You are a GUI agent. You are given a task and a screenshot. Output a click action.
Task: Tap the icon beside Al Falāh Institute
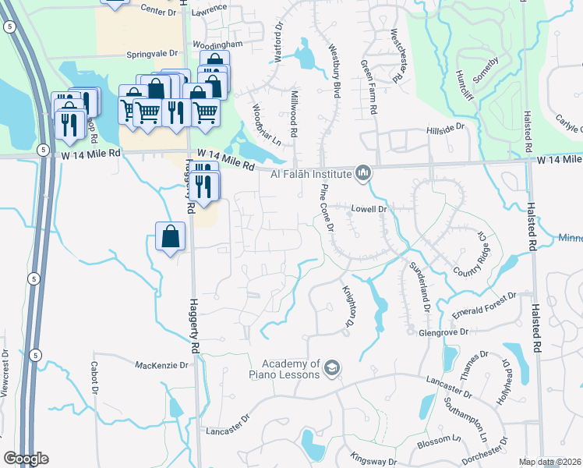pyautogui.click(x=362, y=172)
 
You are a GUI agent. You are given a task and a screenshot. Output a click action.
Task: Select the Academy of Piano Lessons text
pyautogui.click(x=291, y=369)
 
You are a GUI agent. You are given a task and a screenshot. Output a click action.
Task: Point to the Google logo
pyautogui.click(x=26, y=459)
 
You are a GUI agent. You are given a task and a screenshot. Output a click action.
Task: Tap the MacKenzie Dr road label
pyautogui.click(x=162, y=365)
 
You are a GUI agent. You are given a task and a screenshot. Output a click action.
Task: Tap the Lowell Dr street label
pyautogui.click(x=369, y=209)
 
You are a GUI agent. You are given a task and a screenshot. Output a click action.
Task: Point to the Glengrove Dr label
pyautogui.click(x=441, y=331)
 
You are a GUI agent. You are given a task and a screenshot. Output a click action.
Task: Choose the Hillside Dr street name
pyautogui.click(x=445, y=126)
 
